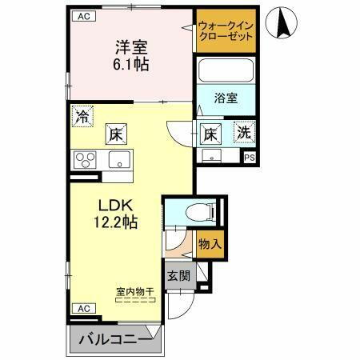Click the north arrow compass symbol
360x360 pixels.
[282, 22]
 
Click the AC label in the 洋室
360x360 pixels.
[82, 16]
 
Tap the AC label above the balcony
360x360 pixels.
[82, 307]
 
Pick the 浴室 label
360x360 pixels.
[226, 98]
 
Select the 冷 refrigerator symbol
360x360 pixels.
[82, 114]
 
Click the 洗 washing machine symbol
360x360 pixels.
[243, 133]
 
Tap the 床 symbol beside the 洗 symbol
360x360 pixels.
[211, 133]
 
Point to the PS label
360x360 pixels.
[250, 158]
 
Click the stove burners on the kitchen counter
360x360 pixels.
[84, 160]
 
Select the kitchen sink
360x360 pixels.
[118, 162]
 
